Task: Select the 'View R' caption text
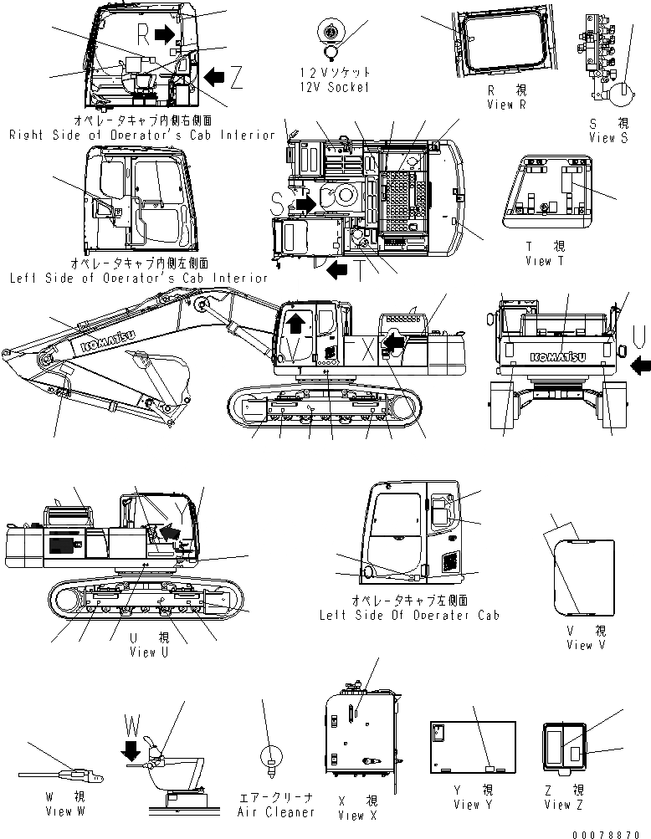coord(506,105)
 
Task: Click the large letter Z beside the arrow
coord(237,78)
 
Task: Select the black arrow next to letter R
coord(165,33)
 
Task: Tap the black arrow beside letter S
coord(305,203)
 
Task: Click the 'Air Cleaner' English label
coord(276,811)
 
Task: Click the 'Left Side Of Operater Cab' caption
coord(409,614)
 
